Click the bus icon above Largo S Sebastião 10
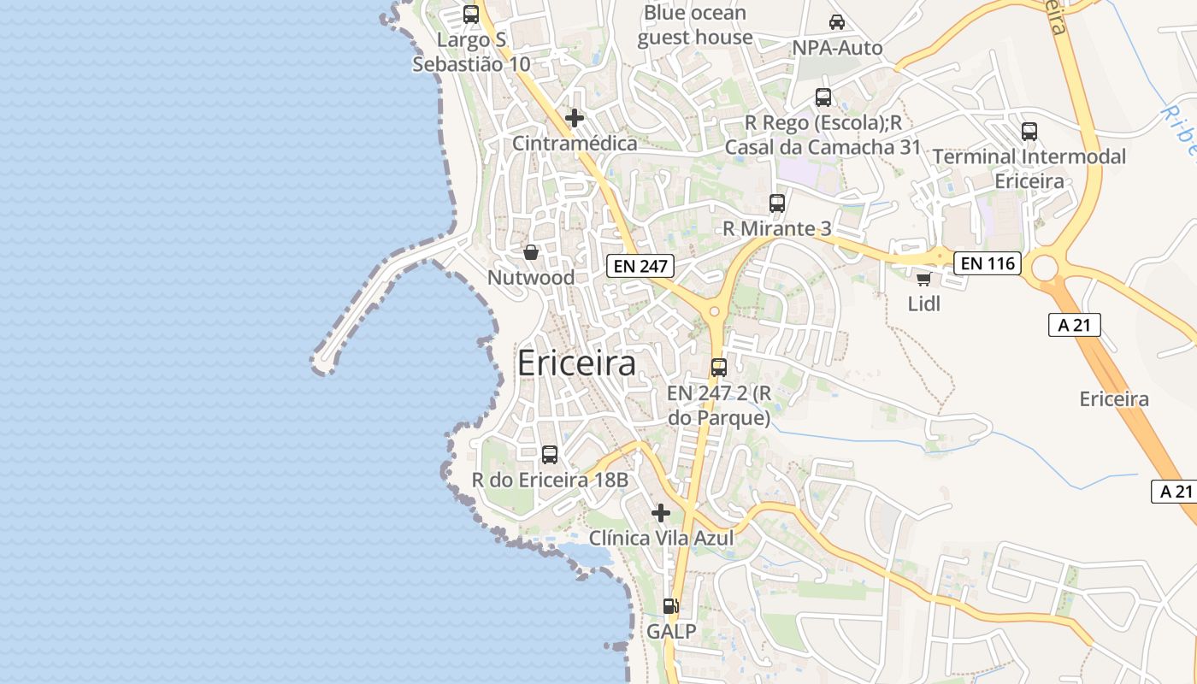tap(471, 14)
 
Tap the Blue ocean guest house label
tap(694, 25)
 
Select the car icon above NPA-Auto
tap(836, 22)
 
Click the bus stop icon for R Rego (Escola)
tap(823, 97)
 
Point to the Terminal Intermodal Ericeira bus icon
tap(1029, 132)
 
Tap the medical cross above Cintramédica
tap(575, 117)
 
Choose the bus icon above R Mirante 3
tap(777, 203)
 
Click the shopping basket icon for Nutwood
tap(531, 252)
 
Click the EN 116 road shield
tap(988, 263)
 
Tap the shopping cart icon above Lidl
tap(923, 278)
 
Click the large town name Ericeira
tap(576, 364)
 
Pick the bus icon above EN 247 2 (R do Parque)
tap(719, 368)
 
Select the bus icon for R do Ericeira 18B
tap(550, 455)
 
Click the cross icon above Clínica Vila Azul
tap(661, 513)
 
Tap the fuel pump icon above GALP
tap(671, 606)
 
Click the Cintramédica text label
tap(575, 143)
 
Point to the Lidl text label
tap(923, 304)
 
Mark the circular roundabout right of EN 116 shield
tap(1045, 268)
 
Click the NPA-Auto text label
tap(837, 48)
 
